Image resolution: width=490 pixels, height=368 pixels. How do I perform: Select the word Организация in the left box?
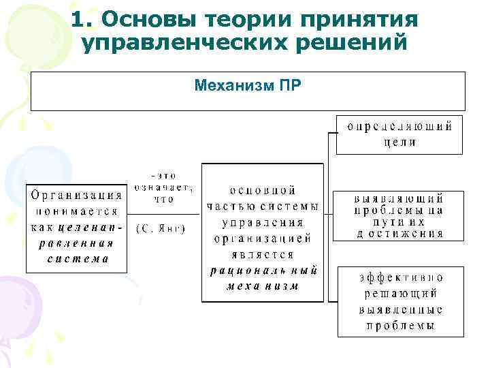tap(77, 193)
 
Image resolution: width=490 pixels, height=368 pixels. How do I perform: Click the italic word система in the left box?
tap(78, 259)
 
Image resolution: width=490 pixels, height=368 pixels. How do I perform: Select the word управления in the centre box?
tap(262, 222)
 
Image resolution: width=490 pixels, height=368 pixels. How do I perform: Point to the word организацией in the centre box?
tap(262, 239)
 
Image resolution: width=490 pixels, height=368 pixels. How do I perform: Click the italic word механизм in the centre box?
tap(262, 286)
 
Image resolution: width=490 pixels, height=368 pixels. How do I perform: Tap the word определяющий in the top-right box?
tap(399, 127)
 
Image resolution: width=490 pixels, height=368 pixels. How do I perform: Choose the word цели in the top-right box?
tap(399, 142)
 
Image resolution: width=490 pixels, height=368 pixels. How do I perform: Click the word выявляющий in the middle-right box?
tap(399, 199)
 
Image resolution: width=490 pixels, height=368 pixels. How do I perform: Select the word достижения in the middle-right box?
tap(399, 233)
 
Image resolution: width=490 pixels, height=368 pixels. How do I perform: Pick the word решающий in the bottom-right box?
tap(399, 293)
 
